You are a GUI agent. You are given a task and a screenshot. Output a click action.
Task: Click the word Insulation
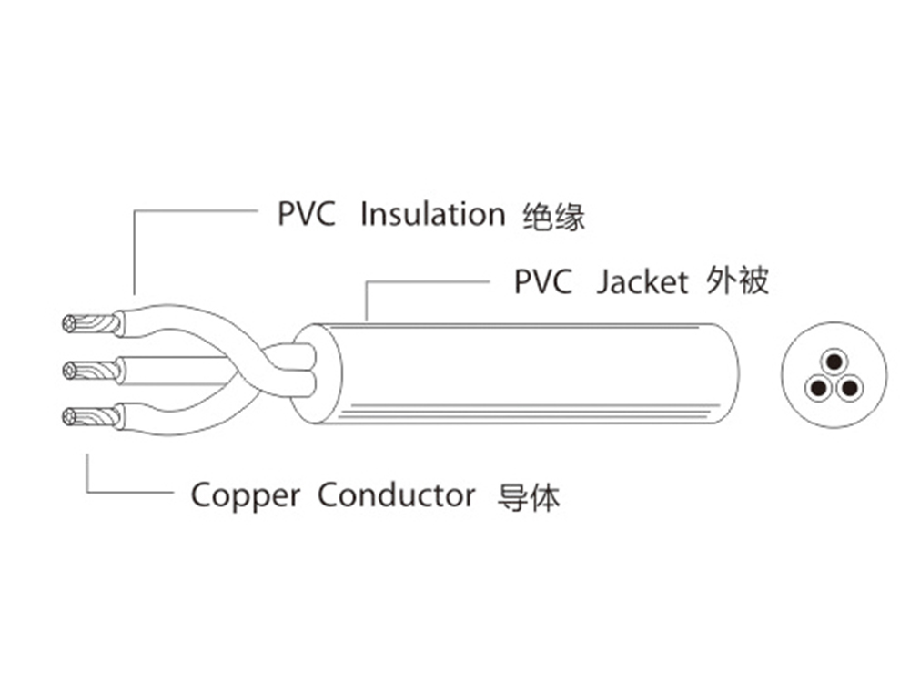click(432, 215)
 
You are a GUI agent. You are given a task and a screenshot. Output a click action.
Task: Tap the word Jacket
click(642, 282)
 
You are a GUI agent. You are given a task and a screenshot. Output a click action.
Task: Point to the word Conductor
click(396, 496)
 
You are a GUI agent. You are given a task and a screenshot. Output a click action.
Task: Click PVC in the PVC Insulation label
click(306, 215)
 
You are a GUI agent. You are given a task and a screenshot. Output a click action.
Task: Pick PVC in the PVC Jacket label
click(542, 282)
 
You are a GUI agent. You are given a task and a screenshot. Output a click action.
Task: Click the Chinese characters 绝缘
click(554, 217)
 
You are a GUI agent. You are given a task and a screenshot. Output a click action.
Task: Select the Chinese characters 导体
click(529, 497)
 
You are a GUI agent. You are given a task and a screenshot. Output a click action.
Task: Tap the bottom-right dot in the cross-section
click(849, 389)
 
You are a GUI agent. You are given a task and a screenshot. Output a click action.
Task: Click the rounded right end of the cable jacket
click(733, 373)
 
